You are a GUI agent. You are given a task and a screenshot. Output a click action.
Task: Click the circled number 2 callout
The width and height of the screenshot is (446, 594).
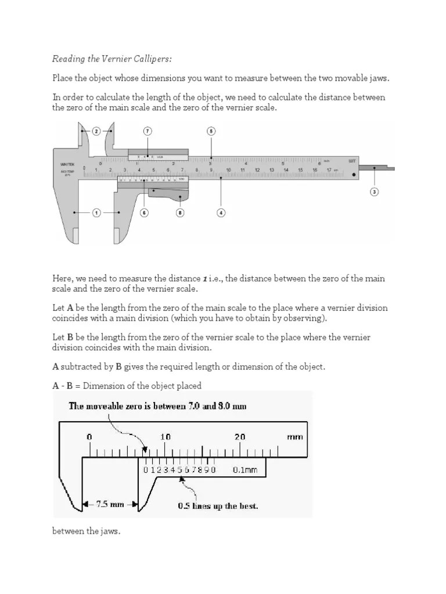click(96, 132)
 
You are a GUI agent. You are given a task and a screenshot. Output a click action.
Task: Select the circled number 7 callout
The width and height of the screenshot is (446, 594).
click(148, 132)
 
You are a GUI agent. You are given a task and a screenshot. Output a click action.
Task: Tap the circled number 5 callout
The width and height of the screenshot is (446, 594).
click(211, 132)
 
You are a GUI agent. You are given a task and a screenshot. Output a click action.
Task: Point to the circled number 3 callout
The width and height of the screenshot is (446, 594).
click(374, 191)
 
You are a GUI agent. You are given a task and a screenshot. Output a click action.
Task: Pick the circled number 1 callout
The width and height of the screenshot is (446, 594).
click(96, 213)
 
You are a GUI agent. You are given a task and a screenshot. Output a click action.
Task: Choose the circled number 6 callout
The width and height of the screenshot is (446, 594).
click(144, 213)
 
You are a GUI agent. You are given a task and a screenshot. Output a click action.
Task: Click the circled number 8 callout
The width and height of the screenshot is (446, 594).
click(180, 213)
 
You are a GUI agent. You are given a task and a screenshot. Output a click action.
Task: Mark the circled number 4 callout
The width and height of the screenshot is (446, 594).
click(221, 213)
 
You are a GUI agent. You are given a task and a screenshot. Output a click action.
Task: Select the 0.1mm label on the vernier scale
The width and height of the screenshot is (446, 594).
click(244, 470)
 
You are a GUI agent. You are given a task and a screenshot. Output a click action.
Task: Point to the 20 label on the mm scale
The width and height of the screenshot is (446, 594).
click(240, 437)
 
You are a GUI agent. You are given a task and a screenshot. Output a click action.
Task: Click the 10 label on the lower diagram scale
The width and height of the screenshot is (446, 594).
click(166, 437)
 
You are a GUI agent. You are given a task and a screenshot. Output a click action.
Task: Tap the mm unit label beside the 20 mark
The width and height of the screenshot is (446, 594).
click(295, 437)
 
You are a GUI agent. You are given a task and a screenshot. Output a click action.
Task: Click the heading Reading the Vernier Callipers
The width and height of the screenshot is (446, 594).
click(112, 59)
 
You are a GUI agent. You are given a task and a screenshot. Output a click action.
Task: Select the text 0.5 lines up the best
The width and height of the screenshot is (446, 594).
click(218, 505)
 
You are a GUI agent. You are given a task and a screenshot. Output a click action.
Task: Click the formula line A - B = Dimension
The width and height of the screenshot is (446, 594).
click(127, 386)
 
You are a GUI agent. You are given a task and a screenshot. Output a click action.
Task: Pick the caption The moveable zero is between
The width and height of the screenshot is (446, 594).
click(157, 406)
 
